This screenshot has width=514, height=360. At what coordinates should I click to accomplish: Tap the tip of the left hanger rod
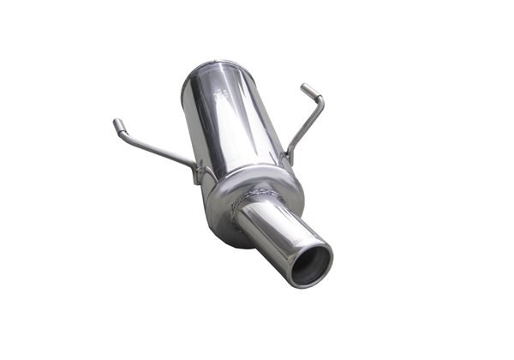(x=116, y=124)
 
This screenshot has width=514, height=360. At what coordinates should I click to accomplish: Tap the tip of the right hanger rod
(x=304, y=87)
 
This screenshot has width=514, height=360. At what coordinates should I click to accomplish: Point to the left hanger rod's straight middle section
(x=158, y=151)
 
